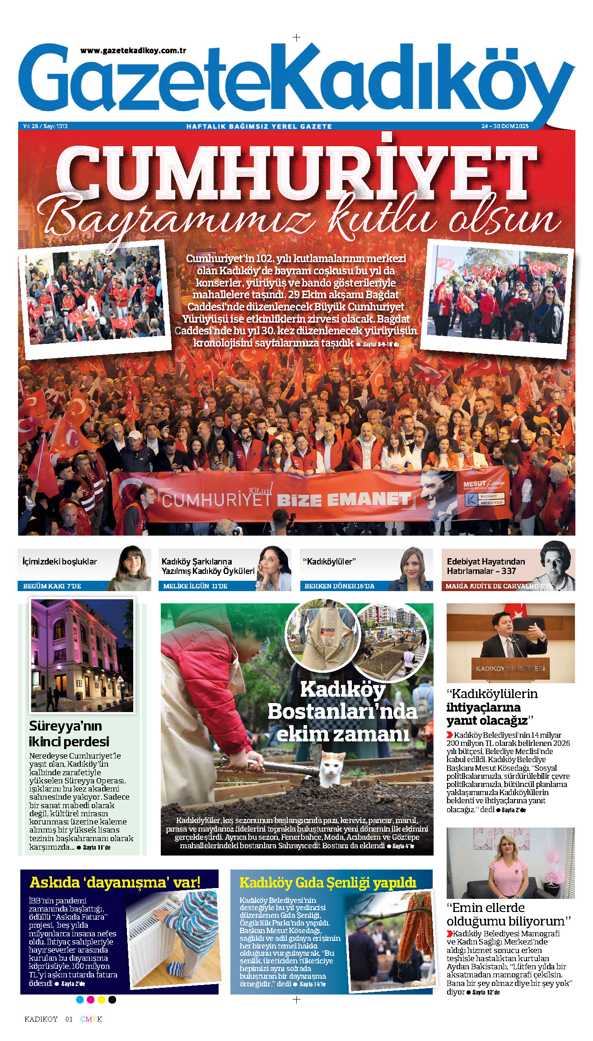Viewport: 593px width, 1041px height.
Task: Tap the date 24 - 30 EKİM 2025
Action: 504,126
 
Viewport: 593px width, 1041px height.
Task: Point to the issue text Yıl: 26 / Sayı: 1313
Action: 45,126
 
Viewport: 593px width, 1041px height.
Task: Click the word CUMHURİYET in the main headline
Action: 297,169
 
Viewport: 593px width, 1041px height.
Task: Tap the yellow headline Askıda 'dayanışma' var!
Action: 115,883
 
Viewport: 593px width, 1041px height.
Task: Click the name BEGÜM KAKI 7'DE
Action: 52,586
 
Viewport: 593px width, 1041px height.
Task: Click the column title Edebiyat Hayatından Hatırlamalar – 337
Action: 486,566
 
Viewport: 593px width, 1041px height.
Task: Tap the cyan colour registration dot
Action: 80,1000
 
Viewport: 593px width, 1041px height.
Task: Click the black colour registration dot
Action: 112,1000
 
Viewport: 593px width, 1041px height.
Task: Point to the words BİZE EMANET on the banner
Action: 343,499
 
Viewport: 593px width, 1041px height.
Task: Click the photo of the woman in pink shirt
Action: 510,863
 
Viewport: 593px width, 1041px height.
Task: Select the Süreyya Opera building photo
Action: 82,655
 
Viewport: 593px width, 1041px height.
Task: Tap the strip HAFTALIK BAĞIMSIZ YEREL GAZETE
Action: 259,126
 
